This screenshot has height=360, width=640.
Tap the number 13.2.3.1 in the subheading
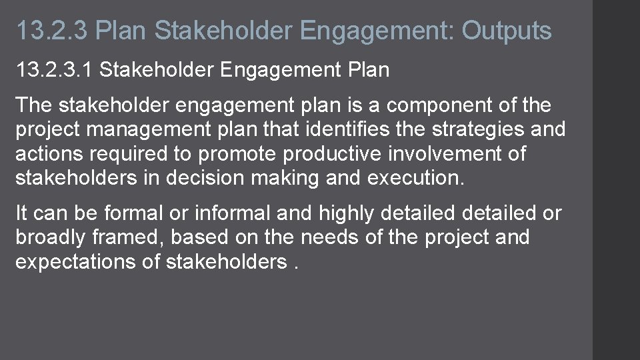pyautogui.click(x=55, y=70)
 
